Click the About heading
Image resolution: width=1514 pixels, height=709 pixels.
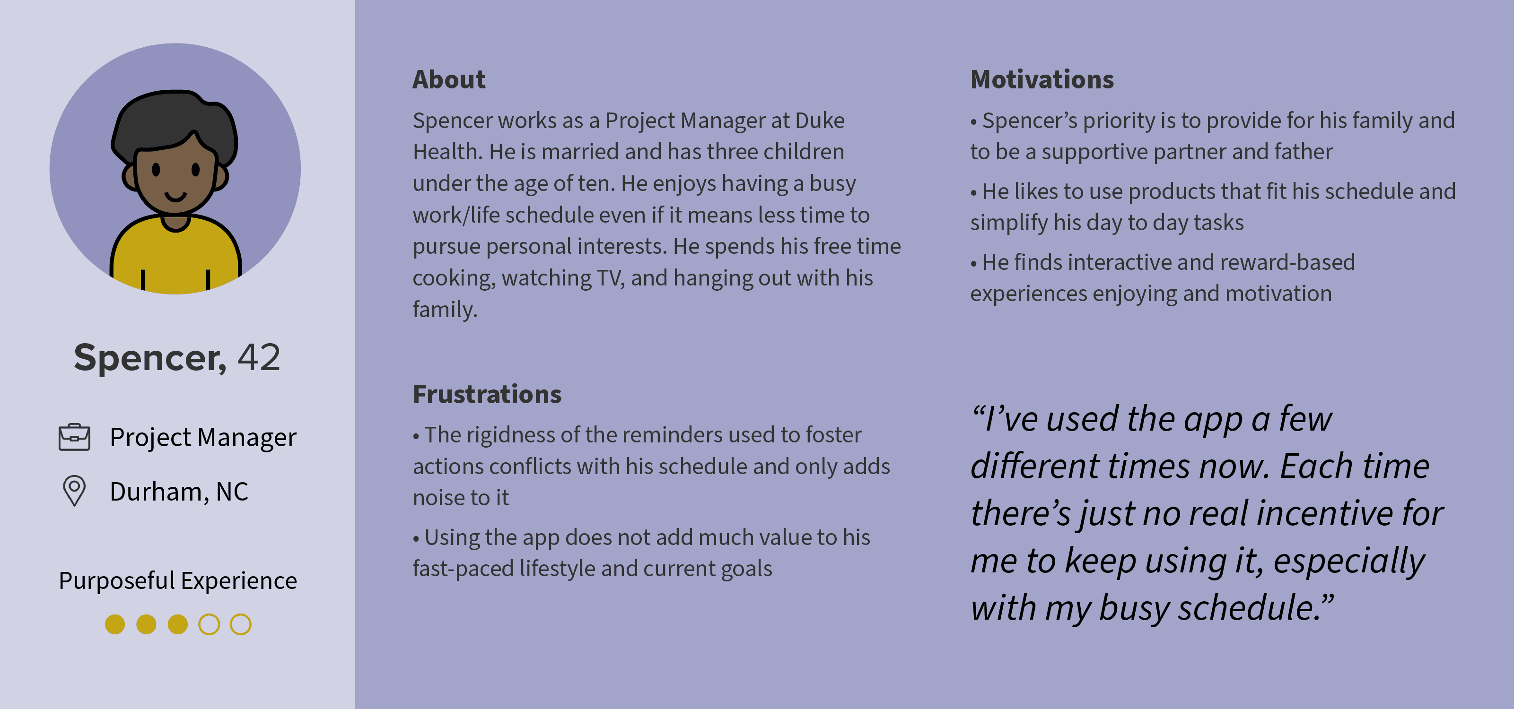pos(449,79)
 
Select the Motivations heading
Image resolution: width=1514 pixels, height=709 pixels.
pos(1042,79)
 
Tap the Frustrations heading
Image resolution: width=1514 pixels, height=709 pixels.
pos(487,394)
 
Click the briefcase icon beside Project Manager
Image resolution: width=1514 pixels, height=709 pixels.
pos(75,438)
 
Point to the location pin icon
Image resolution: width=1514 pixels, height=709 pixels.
pos(75,491)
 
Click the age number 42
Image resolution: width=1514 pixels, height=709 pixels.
pos(259,357)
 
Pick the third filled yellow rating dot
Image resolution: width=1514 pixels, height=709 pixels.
pos(177,624)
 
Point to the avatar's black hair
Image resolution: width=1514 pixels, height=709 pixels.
pos(174,120)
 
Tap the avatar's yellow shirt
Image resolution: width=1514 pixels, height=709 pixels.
pos(175,259)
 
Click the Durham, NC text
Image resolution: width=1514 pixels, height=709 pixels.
pos(179,492)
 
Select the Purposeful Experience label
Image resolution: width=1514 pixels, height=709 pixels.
pos(177,581)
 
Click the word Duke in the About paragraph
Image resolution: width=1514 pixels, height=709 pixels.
pos(820,121)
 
